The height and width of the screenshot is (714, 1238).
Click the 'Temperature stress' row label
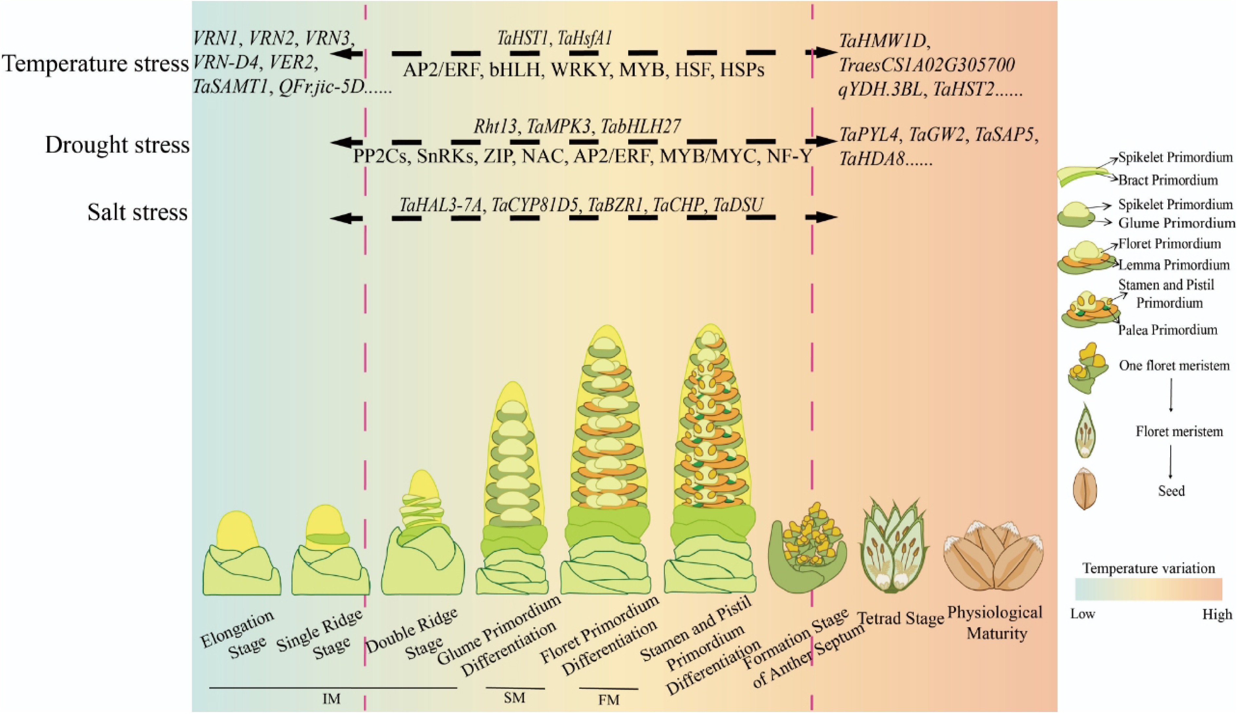[x=96, y=64]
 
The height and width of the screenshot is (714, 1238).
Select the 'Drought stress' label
[x=117, y=145]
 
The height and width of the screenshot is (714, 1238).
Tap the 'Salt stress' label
[x=137, y=212]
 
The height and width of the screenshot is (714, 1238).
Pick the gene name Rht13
[x=495, y=126]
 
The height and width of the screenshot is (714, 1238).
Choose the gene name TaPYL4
[x=870, y=135]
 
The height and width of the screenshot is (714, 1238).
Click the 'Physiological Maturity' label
[x=995, y=623]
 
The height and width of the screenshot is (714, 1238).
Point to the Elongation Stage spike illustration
[x=241, y=554]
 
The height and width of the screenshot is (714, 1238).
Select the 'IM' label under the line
[x=331, y=698]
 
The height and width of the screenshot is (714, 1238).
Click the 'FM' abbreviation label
[x=609, y=700]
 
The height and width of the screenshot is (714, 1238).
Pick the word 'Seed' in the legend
[x=1171, y=491]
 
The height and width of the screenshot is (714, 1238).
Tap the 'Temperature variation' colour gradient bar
[x=1149, y=589]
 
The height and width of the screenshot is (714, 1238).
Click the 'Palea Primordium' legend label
[x=1167, y=329]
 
